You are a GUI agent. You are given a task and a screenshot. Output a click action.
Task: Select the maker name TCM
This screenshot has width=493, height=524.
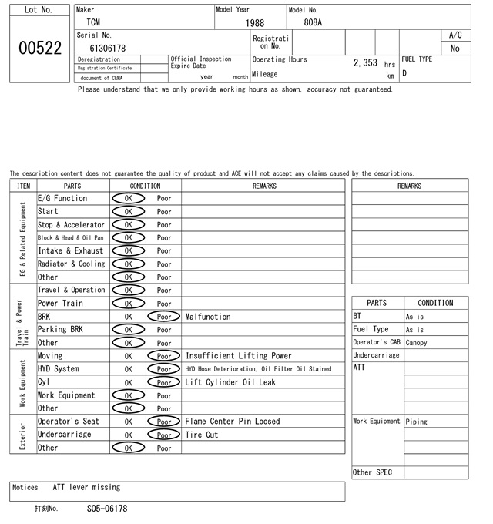[92, 22]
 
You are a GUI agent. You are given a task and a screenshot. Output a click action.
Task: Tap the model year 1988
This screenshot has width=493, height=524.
[254, 23]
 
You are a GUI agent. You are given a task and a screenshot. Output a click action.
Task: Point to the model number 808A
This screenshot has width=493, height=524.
[313, 22]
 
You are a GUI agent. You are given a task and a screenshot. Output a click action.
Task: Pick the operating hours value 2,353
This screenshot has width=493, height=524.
[364, 63]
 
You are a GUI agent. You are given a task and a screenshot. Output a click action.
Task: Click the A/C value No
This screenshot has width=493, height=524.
[454, 48]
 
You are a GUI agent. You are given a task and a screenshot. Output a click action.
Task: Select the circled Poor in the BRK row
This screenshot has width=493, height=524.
[163, 317]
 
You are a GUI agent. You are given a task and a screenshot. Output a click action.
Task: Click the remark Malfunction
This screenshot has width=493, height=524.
[207, 317]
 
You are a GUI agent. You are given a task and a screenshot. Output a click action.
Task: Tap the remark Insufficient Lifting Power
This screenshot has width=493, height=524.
[238, 356]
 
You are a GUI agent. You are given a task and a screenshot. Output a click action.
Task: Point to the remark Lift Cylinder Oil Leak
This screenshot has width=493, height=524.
[230, 382]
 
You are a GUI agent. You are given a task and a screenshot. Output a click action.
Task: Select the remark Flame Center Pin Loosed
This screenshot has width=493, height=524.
[232, 422]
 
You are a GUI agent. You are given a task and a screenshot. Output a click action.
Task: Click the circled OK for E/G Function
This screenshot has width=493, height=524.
[128, 198]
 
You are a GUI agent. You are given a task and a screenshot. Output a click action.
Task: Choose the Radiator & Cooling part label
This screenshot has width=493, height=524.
[71, 264]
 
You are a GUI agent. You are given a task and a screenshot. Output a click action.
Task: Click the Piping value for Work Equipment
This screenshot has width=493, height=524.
[416, 422]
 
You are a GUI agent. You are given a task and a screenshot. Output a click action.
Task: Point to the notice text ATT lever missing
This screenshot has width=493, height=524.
[86, 487]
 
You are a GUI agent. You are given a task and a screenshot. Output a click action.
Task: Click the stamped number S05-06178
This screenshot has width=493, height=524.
[107, 509]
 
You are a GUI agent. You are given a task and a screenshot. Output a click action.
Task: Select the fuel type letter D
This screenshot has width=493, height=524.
[404, 73]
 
